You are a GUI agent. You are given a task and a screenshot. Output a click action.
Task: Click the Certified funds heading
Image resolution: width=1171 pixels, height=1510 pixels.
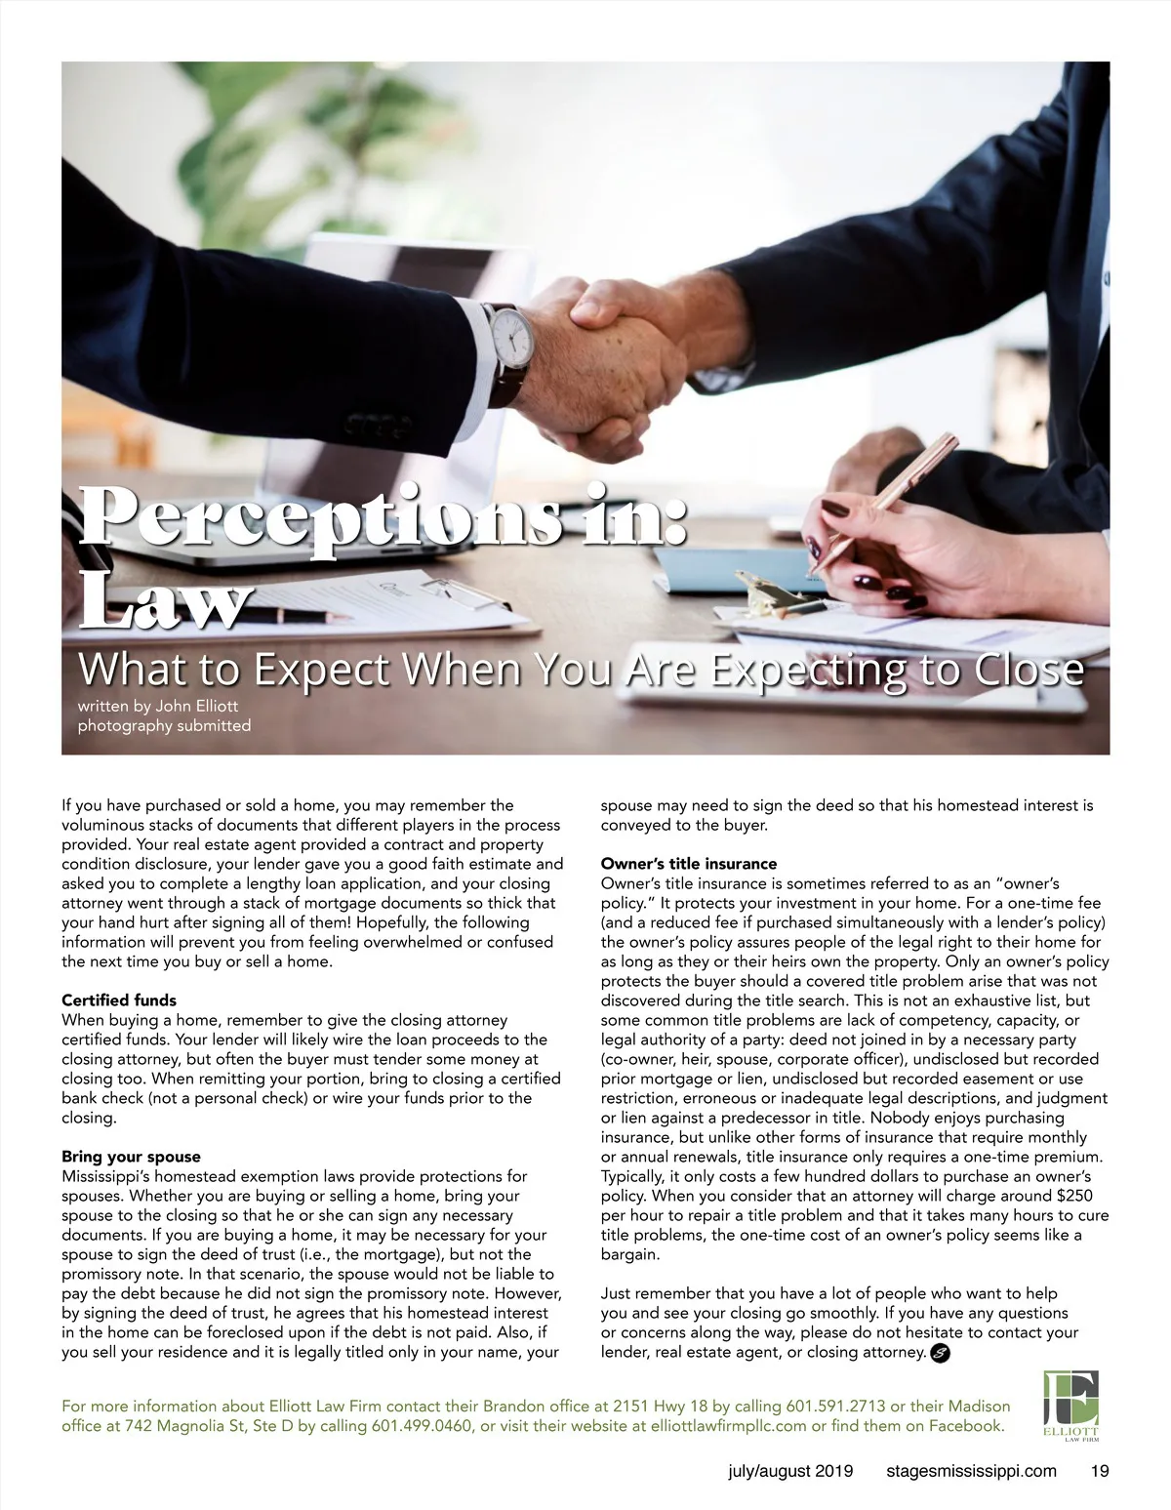click(119, 1000)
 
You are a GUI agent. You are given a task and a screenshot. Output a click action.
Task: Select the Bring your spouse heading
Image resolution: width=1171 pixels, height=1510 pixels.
click(131, 1157)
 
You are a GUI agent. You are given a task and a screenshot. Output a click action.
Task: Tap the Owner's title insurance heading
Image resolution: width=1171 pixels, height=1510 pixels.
click(689, 864)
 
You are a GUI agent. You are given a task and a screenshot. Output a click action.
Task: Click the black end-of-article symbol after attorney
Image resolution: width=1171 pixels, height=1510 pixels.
click(940, 1353)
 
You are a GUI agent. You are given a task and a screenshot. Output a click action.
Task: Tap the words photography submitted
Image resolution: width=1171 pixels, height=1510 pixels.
click(164, 725)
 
